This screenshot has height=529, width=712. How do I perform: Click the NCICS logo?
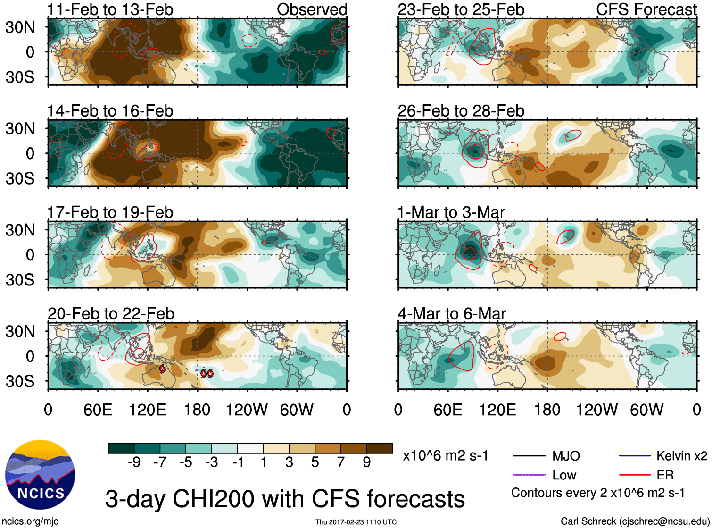tap(40, 475)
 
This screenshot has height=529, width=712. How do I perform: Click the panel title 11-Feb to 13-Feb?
tap(110, 9)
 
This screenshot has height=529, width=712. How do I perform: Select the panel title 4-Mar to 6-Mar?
tap(452, 314)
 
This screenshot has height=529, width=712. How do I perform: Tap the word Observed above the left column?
tap(312, 9)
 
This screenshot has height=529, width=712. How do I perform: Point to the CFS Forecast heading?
tap(646, 9)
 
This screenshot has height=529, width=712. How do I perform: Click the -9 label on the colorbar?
tap(134, 462)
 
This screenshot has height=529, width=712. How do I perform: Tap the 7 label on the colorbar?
tap(341, 462)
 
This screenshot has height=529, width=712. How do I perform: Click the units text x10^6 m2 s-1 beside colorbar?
tap(445, 456)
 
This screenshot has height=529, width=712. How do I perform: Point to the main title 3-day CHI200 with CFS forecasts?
tap(285, 499)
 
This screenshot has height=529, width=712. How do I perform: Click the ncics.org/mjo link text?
tap(30, 521)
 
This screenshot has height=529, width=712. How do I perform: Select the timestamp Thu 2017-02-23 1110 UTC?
tap(356, 522)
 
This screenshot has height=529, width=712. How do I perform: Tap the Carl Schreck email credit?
tap(635, 521)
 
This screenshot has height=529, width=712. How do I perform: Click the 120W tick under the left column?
tap(247, 410)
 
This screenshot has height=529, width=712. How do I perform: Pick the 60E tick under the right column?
tap(447, 410)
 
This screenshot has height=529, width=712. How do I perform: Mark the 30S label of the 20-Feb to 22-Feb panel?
tap(20, 381)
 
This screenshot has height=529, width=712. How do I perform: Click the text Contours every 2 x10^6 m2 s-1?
tap(597, 493)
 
